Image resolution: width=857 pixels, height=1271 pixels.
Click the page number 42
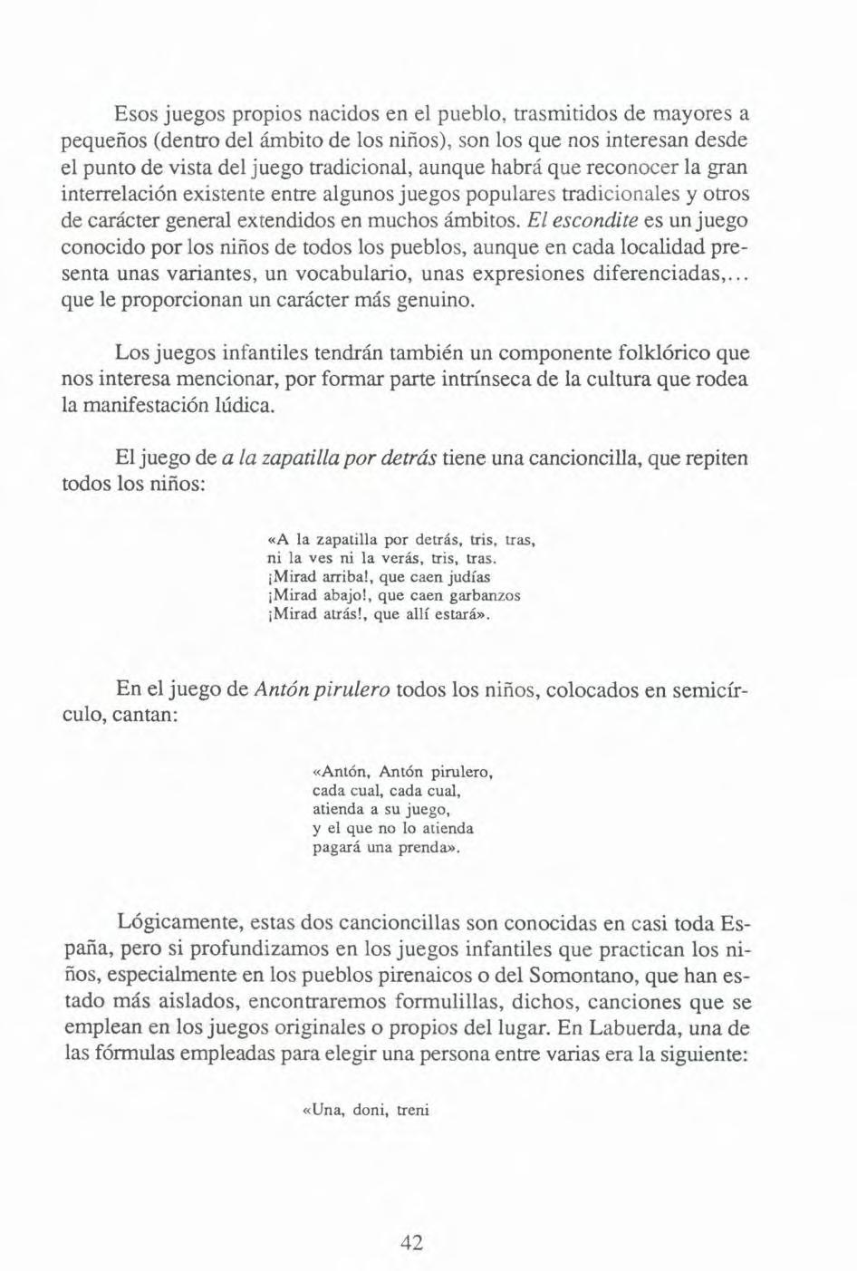(411, 1243)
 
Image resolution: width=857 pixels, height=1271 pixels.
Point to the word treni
(412, 1110)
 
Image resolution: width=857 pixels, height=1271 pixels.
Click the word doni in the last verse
(370, 1110)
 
